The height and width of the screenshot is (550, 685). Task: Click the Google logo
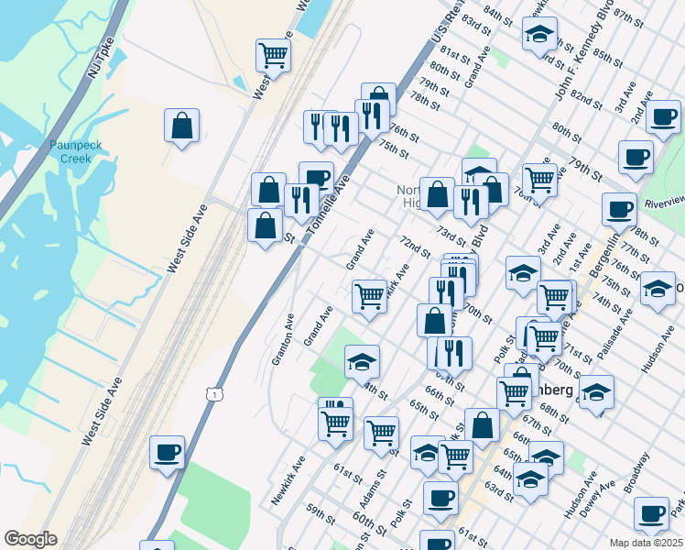pyautogui.click(x=30, y=539)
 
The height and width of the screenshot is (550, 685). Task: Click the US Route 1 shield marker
pyautogui.click(x=212, y=393)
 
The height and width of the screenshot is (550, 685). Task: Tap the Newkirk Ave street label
pyautogui.click(x=288, y=481)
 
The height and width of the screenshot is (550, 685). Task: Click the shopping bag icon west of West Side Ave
pyautogui.click(x=182, y=126)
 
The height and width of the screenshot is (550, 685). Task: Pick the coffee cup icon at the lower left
pyautogui.click(x=167, y=452)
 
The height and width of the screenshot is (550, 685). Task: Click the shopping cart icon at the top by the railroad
pyautogui.click(x=273, y=57)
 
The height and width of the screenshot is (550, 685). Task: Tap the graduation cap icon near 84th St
pyautogui.click(x=540, y=35)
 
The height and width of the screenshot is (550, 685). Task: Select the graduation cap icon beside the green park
pyautogui.click(x=363, y=361)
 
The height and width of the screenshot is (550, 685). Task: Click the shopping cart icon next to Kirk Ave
pyautogui.click(x=369, y=296)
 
